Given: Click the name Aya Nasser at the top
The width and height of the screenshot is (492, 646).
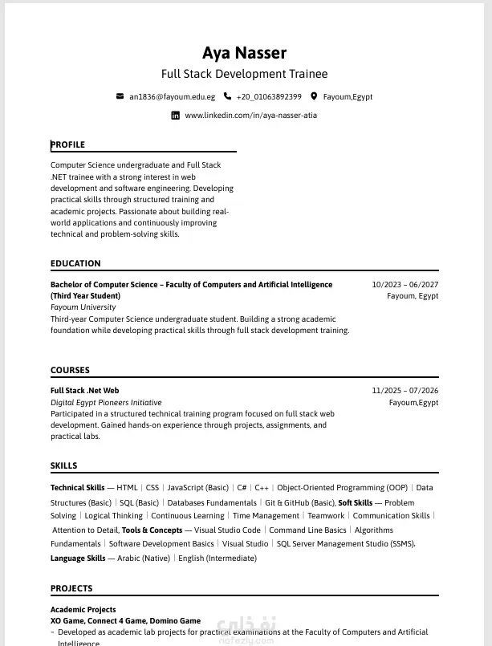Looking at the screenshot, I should click(x=244, y=53).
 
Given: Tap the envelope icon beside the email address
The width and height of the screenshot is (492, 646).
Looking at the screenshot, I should click(x=120, y=96).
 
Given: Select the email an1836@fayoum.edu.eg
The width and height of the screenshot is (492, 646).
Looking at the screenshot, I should click(x=172, y=97).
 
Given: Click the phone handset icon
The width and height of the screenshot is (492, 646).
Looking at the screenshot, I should click(x=227, y=96).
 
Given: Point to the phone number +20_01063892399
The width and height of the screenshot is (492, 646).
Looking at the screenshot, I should click(x=269, y=97).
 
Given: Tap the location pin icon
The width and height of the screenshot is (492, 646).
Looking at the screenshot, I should click(x=315, y=96).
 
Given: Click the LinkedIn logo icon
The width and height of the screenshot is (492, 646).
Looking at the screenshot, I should click(x=176, y=116).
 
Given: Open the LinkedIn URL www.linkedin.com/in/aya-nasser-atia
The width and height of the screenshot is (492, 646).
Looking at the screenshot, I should click(x=250, y=116).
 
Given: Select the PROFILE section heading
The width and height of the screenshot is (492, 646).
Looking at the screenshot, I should click(x=68, y=144).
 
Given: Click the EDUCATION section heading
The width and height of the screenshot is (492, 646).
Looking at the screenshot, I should click(x=75, y=263).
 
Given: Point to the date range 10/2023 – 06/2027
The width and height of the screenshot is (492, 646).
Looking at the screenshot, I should click(x=405, y=285).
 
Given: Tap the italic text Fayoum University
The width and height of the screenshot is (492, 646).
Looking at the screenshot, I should click(x=83, y=307).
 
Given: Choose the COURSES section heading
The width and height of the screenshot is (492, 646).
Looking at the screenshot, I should click(x=71, y=370).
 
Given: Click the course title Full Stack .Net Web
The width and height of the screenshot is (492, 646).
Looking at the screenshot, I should click(x=84, y=391).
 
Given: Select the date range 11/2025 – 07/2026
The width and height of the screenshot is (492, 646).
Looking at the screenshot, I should click(x=405, y=391).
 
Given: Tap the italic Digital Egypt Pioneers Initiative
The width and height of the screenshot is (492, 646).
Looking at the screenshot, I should click(x=106, y=402).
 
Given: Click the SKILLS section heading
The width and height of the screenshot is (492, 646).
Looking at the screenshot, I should click(x=64, y=465).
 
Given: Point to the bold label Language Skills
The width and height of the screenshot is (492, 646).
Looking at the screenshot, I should click(x=78, y=558).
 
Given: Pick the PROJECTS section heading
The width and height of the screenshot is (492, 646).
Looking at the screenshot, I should click(x=71, y=588).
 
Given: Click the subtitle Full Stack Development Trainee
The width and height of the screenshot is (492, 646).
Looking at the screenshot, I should click(x=244, y=74).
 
